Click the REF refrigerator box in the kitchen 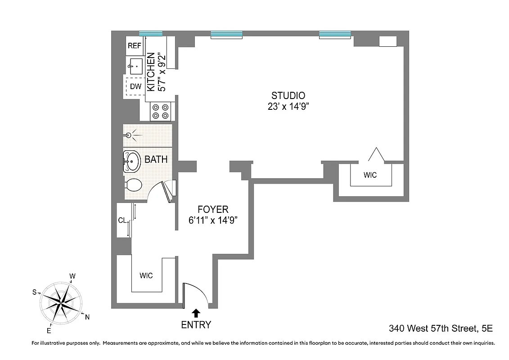pos(135,45)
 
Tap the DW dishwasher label pos(135,86)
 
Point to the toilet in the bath pos(134,184)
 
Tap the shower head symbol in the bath pos(129,135)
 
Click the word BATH pos(156,159)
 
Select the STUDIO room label pos(288,95)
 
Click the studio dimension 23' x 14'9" pos(288,107)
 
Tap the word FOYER pos(213,209)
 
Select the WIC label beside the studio pos(370,175)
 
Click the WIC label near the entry pos(146,275)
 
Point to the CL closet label pos(122,220)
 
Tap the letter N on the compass pos(87,317)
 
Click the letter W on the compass pos(72,276)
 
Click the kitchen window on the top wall pos(150,33)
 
